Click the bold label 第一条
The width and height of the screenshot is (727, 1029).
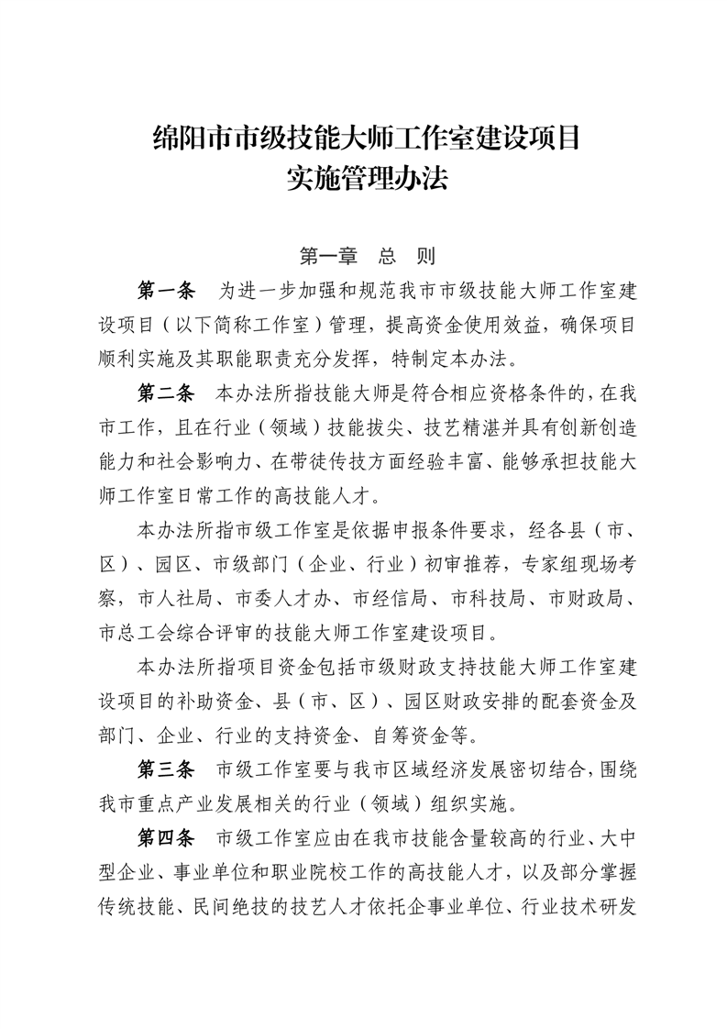coord(166,292)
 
